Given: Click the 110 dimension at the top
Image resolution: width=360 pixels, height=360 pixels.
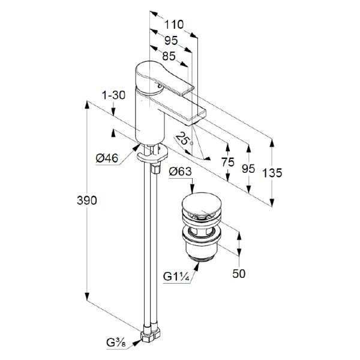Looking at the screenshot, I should pos(174,25).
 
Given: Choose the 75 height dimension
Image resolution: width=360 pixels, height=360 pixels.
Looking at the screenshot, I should pos(227,162).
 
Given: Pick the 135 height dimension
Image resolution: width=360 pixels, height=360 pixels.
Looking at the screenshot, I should pos(272,173).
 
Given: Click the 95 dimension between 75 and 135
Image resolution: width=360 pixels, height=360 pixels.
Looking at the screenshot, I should pos(248,169).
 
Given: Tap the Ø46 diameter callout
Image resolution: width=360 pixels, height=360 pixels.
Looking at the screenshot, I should pos(109,158).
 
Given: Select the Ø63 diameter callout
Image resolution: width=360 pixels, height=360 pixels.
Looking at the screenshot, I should pos(181,172).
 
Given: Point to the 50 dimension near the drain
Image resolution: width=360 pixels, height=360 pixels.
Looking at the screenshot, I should pos(239,274).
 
